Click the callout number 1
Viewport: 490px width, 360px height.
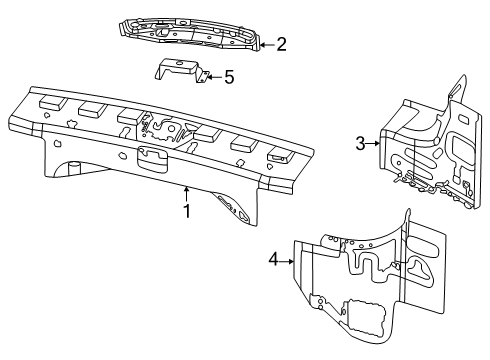coord(187,211)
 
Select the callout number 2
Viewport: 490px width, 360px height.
coord(281,44)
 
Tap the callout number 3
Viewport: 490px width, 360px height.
coord(360,143)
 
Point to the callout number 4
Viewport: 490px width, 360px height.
coord(273,259)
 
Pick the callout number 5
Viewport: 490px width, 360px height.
coord(229,77)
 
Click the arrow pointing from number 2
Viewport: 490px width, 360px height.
coord(267,45)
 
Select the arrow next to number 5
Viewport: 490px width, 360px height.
coord(214,77)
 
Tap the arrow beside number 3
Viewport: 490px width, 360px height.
coord(373,143)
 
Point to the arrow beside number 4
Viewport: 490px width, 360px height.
coord(287,262)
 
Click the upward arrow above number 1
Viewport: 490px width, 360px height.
coord(187,194)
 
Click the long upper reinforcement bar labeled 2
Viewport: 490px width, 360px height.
coord(190,34)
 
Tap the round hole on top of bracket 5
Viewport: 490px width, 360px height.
coord(179,63)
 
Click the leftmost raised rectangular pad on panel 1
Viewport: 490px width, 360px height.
coord(51,102)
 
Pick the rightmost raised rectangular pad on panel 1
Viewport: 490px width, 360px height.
coord(281,155)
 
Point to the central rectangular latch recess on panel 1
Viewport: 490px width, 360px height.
coord(152,159)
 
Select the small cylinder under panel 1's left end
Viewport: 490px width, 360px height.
coord(74,166)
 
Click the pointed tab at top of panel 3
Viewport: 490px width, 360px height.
coord(457,87)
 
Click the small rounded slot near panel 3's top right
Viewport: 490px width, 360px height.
coord(463,119)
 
